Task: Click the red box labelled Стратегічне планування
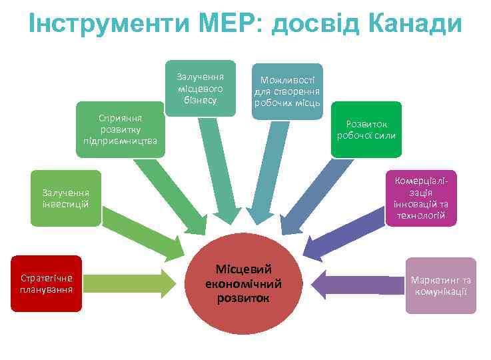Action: tap(46, 283)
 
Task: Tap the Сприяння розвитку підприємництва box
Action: tap(120, 129)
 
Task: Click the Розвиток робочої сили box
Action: tap(366, 129)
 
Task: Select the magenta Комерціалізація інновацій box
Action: tap(421, 198)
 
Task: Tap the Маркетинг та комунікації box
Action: tap(440, 285)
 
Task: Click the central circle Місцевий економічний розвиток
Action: tap(244, 283)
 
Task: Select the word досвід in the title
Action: tap(309, 24)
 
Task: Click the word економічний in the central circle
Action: tap(244, 283)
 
